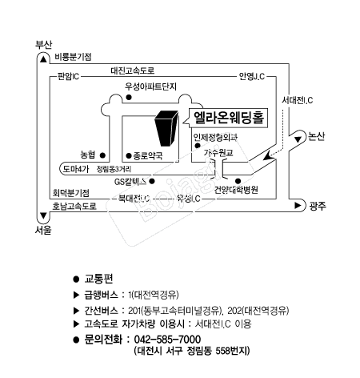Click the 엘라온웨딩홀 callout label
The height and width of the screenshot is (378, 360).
(229, 118)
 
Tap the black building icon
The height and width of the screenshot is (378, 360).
(166, 128)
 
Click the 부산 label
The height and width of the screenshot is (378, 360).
(43, 44)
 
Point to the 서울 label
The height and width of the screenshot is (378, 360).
(43, 230)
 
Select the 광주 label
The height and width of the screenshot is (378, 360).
(318, 206)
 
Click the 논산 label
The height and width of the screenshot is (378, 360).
(317, 136)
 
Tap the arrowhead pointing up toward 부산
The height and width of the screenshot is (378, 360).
(43, 59)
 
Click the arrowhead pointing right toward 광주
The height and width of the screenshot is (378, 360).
(298, 205)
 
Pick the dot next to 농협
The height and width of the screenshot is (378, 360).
(102, 155)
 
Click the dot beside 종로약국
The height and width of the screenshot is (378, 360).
(129, 155)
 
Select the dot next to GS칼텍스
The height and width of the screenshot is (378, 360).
(152, 181)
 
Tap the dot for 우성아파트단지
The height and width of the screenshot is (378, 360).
(129, 97)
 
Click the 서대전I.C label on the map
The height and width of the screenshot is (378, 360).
(298, 100)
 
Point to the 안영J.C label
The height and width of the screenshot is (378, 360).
(252, 77)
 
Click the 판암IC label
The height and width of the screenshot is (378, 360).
(69, 77)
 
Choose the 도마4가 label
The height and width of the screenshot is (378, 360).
(76, 169)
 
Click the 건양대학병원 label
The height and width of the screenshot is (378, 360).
(236, 190)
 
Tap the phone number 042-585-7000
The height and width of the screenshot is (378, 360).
(167, 340)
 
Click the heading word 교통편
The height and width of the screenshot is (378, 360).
(98, 279)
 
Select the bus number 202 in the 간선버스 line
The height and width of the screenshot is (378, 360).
(234, 311)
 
